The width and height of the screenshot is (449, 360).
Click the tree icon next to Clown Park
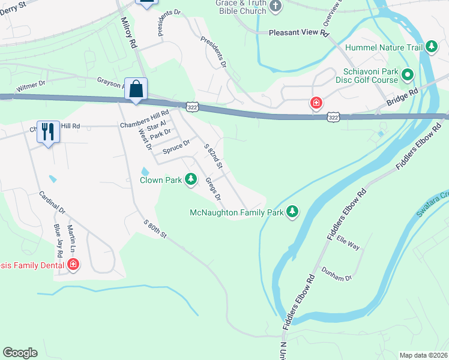click(191, 179)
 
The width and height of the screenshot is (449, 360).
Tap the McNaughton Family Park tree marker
click(292, 211)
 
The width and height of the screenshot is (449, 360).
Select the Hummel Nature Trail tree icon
click(432, 47)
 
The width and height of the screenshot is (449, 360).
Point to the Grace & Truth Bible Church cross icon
click(276, 7)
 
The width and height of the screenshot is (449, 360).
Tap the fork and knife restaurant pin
click(47, 131)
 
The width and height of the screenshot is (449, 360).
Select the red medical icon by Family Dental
click(73, 264)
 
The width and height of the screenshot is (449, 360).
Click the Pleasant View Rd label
click(299, 34)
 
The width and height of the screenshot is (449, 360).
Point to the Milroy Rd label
click(128, 36)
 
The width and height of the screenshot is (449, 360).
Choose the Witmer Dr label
click(31, 87)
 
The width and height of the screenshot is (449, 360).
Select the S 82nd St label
click(213, 156)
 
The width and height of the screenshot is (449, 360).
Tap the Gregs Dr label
click(212, 188)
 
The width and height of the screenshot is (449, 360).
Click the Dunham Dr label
click(336, 274)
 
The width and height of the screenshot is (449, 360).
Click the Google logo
click(20, 353)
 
